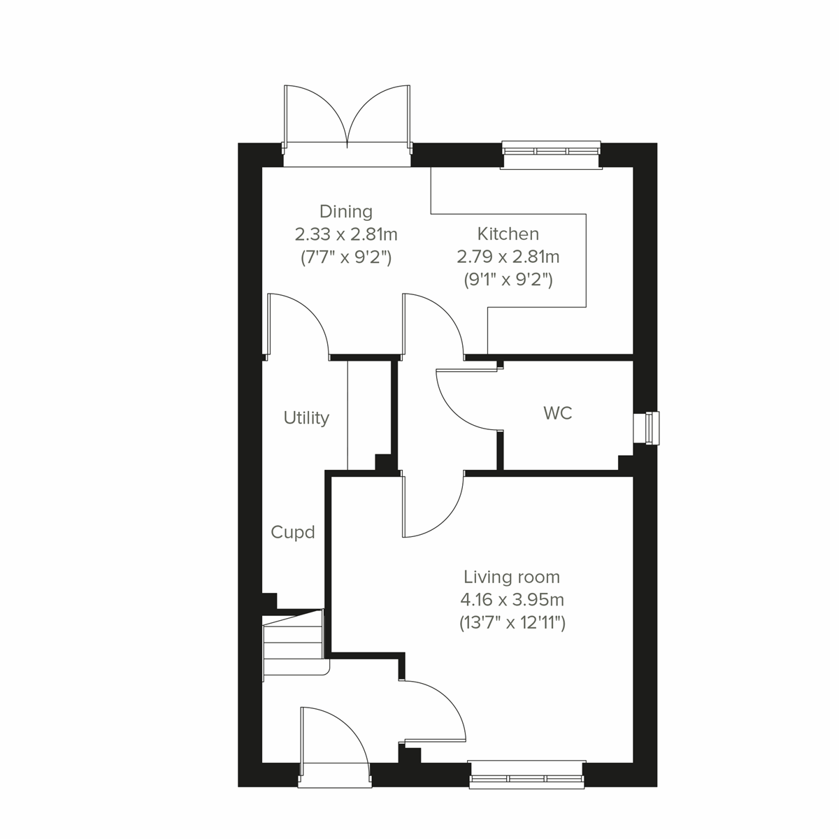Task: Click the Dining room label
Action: pyautogui.click(x=345, y=211)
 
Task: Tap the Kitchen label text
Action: pyautogui.click(x=508, y=234)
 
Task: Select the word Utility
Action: pyautogui.click(x=306, y=418)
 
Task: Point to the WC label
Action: pyautogui.click(x=557, y=413)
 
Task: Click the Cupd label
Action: pyautogui.click(x=293, y=533)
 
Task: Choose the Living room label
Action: pyautogui.click(x=512, y=577)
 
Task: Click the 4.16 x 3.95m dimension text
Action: pyautogui.click(x=512, y=600)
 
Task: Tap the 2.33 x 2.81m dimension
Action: pyautogui.click(x=346, y=234)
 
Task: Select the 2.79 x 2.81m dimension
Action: pyautogui.click(x=508, y=257)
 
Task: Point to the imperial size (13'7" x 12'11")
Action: pyautogui.click(x=512, y=622)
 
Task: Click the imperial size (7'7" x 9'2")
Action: pyautogui.click(x=346, y=257)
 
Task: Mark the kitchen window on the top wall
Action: pyautogui.click(x=552, y=155)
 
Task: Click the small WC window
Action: pyautogui.click(x=646, y=428)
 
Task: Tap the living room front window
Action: pyautogui.click(x=526, y=774)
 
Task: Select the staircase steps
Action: pyautogui.click(x=294, y=643)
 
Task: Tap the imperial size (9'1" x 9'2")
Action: pyautogui.click(x=508, y=280)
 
